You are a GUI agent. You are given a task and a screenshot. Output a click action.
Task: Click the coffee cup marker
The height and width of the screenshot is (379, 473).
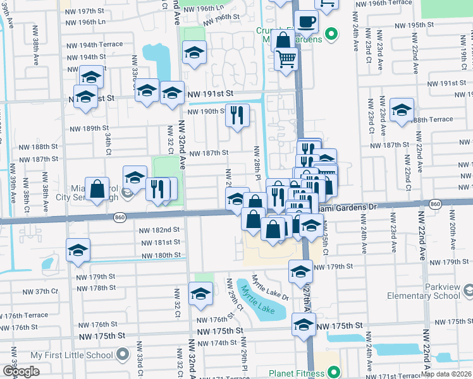click(x=307, y=22)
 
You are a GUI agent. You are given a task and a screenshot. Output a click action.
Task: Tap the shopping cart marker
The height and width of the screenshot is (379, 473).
click(x=286, y=59)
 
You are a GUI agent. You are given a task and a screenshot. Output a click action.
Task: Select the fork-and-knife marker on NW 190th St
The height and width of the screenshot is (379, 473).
click(x=237, y=115)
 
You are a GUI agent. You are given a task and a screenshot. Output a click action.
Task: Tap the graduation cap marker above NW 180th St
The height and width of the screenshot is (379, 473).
click(x=78, y=251)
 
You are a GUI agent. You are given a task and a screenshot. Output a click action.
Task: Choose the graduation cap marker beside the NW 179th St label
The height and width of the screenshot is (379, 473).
click(x=300, y=272)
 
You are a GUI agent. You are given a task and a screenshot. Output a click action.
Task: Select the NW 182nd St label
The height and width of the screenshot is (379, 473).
click(x=161, y=229)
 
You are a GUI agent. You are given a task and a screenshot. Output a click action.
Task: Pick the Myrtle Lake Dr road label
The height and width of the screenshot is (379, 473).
click(x=270, y=287)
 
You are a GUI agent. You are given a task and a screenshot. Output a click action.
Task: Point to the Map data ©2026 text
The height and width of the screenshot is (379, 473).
click(x=446, y=374)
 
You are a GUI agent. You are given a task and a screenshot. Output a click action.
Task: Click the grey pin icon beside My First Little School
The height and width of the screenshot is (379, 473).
click(x=123, y=353)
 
